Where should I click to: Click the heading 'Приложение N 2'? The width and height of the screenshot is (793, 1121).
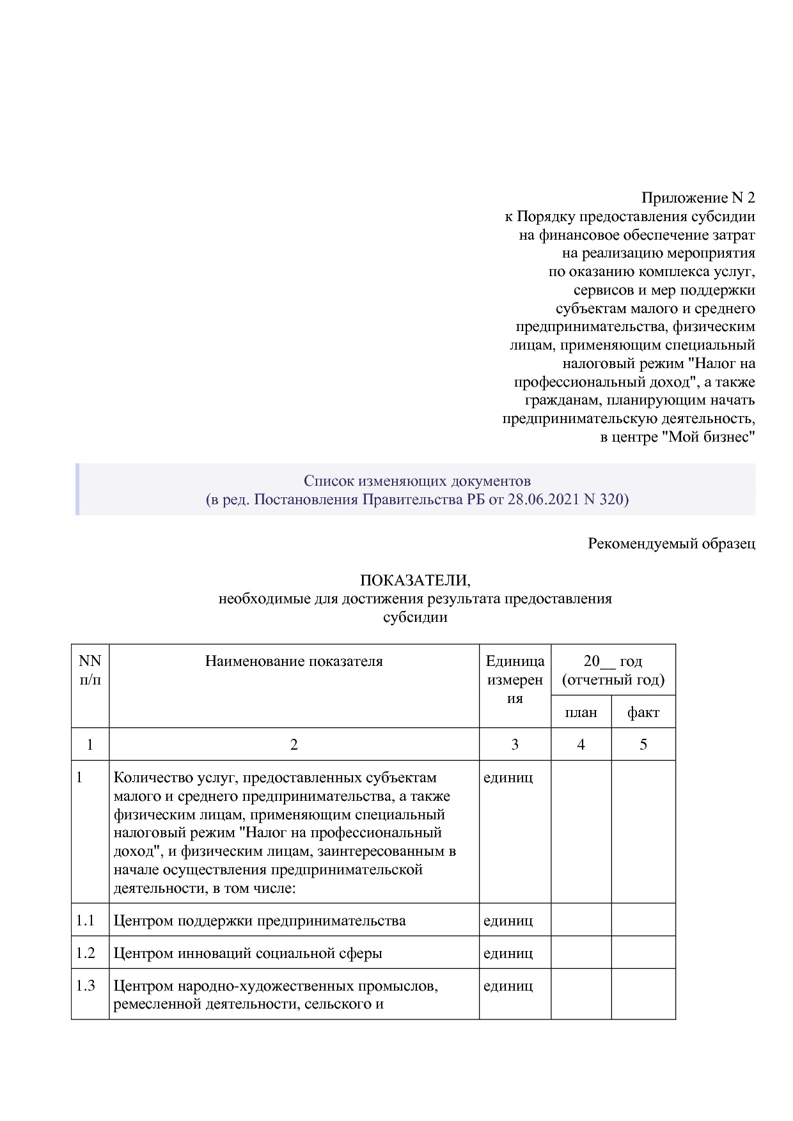coord(698,197)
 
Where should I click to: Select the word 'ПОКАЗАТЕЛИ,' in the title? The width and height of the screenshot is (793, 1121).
coord(415,580)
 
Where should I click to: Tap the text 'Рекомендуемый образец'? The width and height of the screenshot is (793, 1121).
coord(671,543)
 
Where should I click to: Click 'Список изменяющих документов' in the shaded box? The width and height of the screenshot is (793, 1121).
coord(417,481)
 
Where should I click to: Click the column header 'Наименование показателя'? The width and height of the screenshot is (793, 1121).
coord(294,661)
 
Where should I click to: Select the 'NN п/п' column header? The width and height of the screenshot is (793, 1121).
coord(90,670)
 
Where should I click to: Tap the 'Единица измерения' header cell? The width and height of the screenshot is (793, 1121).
coord(515,679)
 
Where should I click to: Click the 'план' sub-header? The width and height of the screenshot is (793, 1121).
coord(581,712)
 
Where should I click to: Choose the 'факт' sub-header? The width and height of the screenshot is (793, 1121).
coord(643,712)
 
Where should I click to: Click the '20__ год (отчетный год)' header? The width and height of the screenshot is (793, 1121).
coord(613,670)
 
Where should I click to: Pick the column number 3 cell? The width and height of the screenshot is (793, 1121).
coord(515,744)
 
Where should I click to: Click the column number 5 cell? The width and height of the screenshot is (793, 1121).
coord(643,744)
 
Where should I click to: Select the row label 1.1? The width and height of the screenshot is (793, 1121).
coord(85,920)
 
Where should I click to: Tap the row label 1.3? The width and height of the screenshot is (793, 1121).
coord(85,986)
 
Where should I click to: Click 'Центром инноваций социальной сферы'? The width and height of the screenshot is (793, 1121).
coord(247,953)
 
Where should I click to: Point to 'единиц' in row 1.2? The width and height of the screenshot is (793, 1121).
coord(508,953)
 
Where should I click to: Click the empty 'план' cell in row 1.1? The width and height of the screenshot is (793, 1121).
coord(581,920)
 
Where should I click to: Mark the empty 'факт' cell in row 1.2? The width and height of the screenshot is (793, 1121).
coord(643,953)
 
